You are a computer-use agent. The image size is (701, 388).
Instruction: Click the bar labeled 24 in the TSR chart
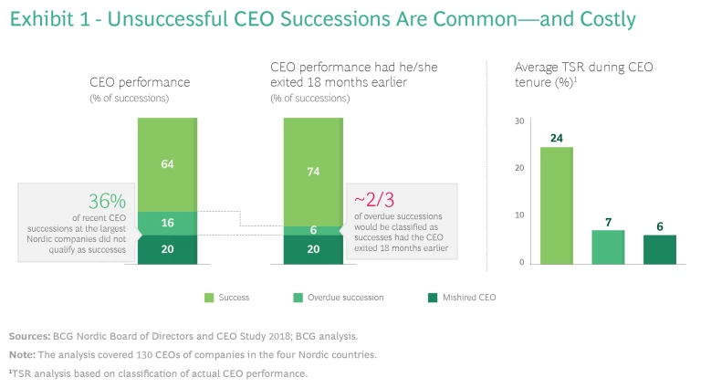(x=557, y=205)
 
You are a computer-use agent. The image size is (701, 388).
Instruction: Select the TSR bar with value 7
(x=609, y=246)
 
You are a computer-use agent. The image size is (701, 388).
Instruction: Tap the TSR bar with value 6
(x=659, y=249)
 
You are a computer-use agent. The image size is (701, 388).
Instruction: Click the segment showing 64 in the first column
(x=167, y=164)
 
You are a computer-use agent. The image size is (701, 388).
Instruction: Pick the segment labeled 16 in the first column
(x=167, y=224)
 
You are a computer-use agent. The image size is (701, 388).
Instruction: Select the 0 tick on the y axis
(x=521, y=263)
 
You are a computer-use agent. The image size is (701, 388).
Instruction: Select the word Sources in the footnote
(x=28, y=337)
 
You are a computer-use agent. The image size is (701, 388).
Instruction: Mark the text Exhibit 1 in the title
(x=47, y=20)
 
